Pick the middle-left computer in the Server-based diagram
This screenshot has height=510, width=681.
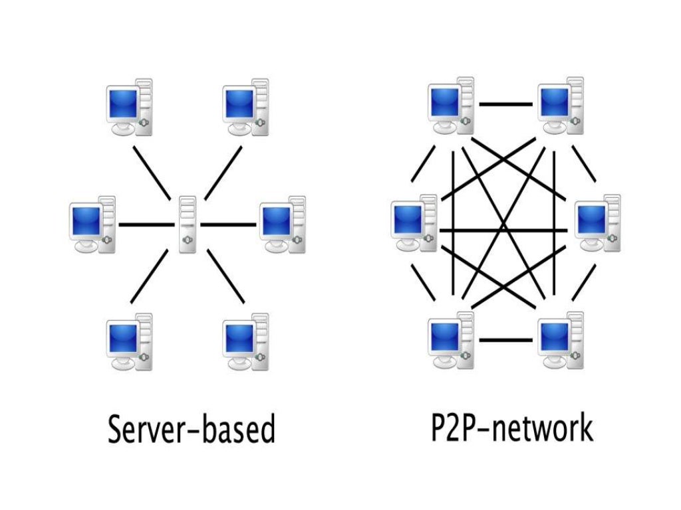93,224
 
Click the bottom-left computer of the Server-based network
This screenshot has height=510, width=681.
130,342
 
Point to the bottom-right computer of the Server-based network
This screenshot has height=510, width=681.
246,342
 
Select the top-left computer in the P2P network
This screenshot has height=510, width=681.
452,106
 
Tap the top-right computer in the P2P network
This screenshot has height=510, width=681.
561,106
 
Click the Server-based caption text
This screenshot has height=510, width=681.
191,430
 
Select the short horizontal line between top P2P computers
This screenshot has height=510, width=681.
506,104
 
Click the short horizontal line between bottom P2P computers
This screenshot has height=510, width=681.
506,340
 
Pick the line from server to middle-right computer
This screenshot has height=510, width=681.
228,224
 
